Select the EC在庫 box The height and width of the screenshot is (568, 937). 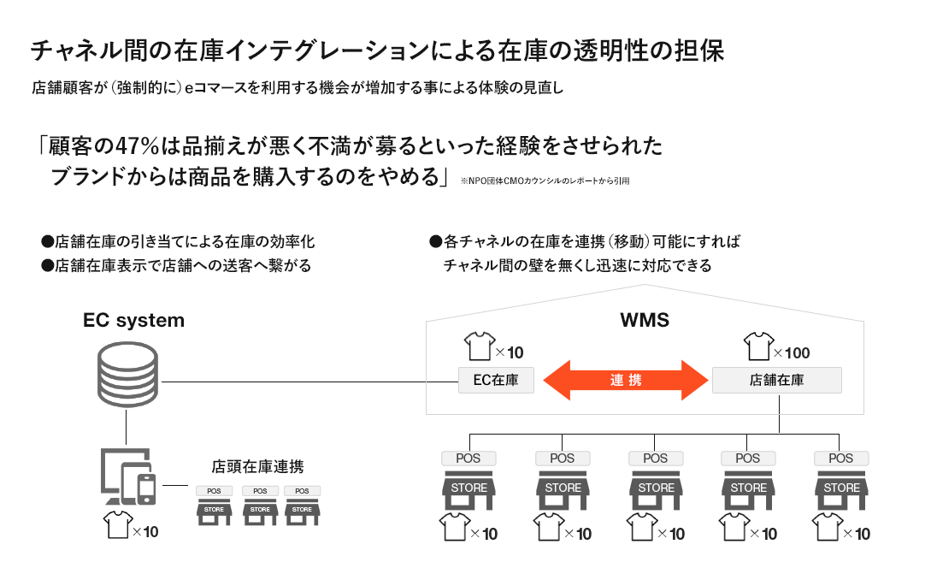[495, 379]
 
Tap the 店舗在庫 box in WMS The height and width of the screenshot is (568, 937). [776, 379]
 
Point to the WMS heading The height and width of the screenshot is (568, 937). [644, 322]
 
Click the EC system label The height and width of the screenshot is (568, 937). [133, 321]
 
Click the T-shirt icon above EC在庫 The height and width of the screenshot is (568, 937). [478, 347]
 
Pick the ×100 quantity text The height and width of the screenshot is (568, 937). [791, 352]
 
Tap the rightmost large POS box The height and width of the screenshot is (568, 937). [840, 459]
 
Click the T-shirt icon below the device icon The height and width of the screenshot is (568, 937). [116, 524]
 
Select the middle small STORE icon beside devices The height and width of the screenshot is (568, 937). [260, 510]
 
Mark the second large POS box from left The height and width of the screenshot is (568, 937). [562, 459]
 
